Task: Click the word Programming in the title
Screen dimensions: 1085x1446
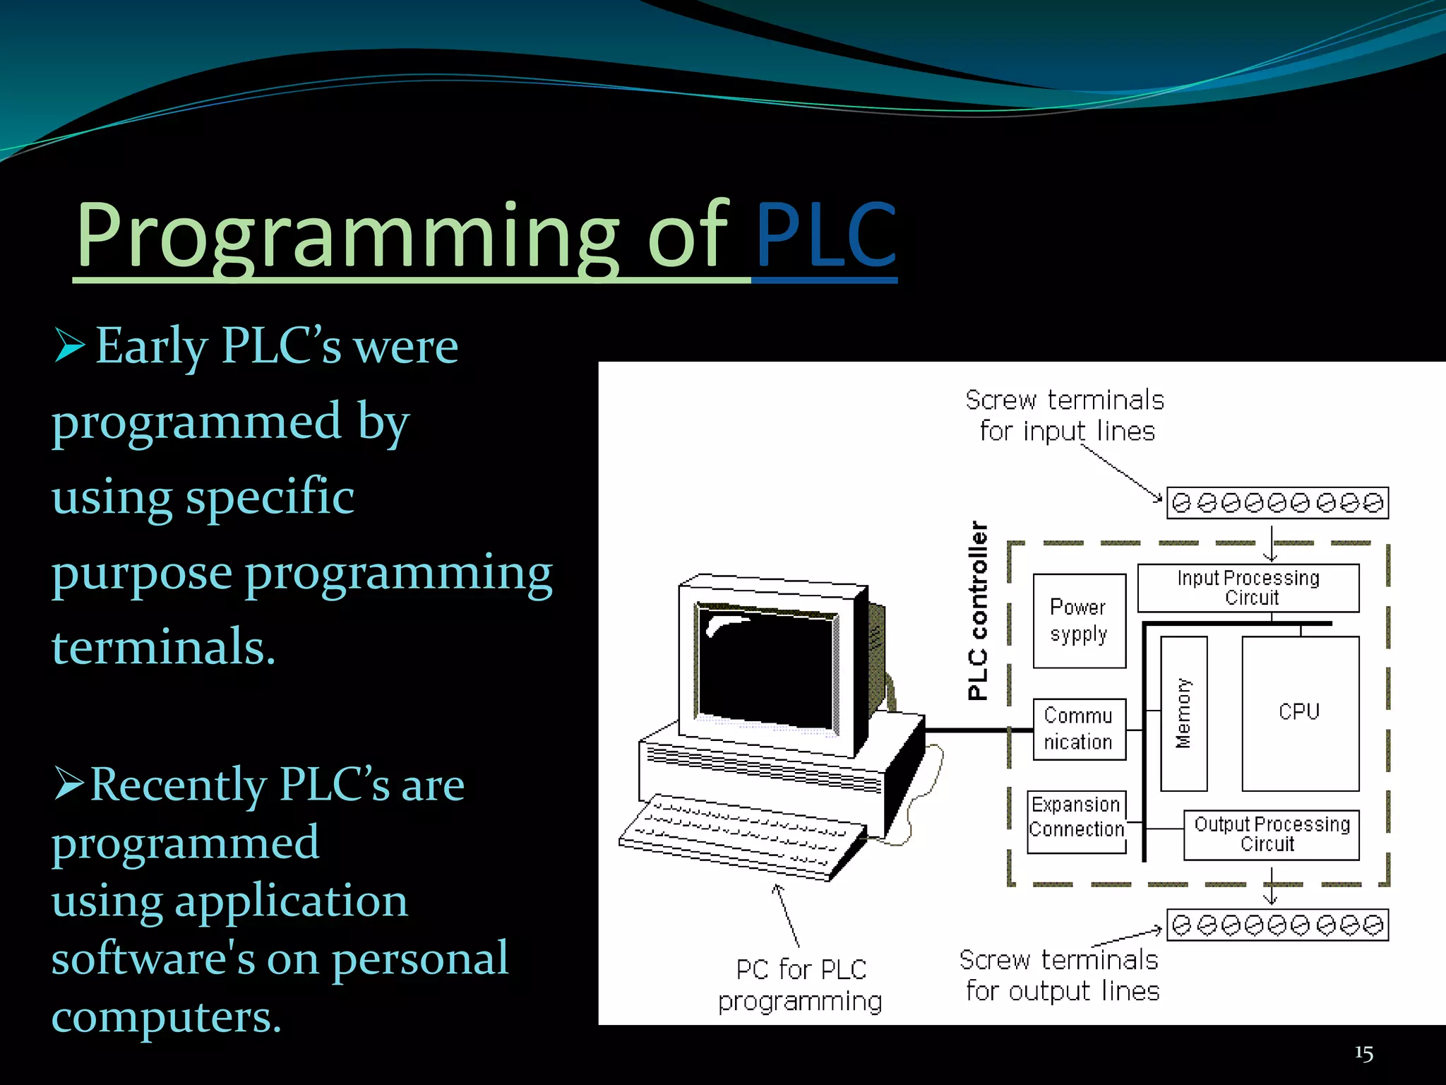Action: [x=346, y=237]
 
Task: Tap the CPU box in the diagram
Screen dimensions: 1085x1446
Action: [x=1300, y=713]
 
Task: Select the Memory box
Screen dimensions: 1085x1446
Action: [x=1183, y=713]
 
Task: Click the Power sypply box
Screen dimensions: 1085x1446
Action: [x=1079, y=621]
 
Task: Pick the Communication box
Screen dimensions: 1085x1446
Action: [x=1079, y=729]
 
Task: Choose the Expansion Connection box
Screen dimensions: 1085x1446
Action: [x=1076, y=817]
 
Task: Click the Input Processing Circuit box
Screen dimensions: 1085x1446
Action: [x=1248, y=588]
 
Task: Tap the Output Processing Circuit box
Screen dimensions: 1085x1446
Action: [x=1271, y=834]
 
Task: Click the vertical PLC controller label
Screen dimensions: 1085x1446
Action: [x=978, y=611]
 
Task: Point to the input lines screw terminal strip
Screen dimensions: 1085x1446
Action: [x=1277, y=503]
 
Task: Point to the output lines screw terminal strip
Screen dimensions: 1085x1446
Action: [x=1277, y=925]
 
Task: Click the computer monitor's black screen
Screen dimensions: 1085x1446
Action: [x=766, y=668]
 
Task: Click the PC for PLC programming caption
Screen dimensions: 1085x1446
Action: [x=800, y=985]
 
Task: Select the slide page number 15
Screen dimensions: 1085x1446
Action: [x=1363, y=1053]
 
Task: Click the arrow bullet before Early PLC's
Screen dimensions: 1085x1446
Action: [x=69, y=347]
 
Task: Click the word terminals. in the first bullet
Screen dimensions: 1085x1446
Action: [x=163, y=646]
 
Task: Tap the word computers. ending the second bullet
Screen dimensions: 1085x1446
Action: [x=167, y=1017]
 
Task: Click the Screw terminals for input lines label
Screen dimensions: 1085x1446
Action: [x=1065, y=415]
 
